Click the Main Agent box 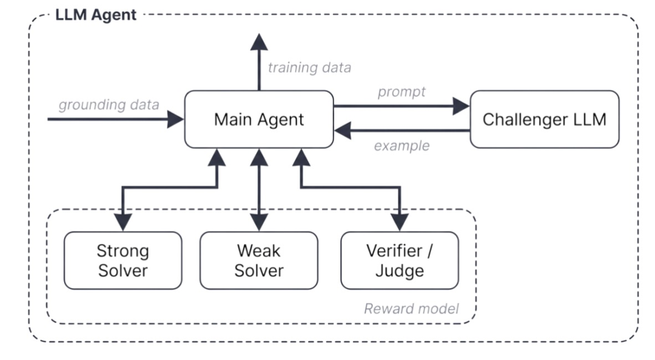tap(259, 119)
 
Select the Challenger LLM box tap(545, 119)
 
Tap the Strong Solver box tap(123, 261)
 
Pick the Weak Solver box tap(259, 261)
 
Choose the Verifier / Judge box tap(400, 261)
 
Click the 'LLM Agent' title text tap(96, 15)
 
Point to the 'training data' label tap(309, 68)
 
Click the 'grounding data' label tap(109, 105)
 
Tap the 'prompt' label tap(401, 92)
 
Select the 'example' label tap(402, 145)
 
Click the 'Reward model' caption tap(411, 308)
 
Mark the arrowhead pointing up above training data tap(259, 42)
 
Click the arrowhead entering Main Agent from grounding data tap(175, 119)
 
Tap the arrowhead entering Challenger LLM tap(461, 107)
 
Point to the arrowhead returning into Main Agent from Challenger tap(343, 131)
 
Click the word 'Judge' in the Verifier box tap(400, 271)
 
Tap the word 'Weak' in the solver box tap(259, 251)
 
